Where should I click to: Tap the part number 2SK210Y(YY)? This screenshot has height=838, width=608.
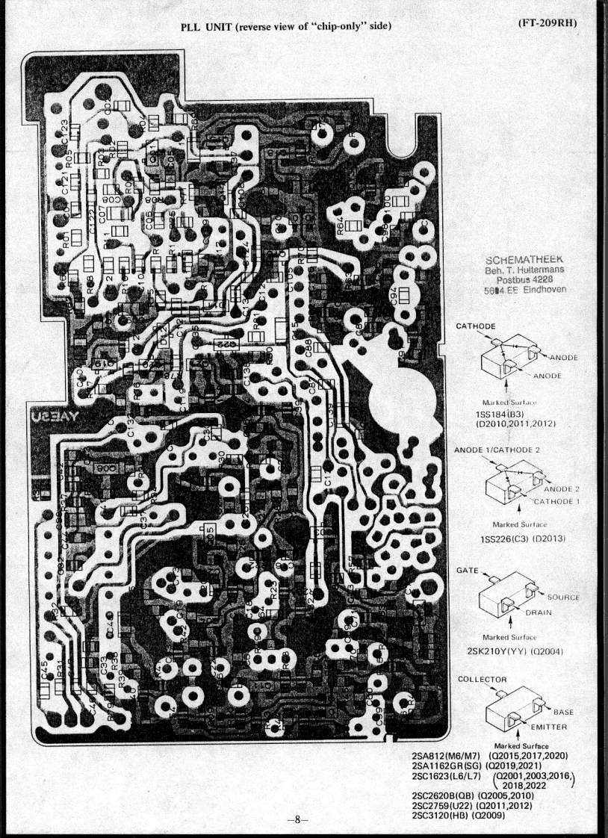point(494,650)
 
